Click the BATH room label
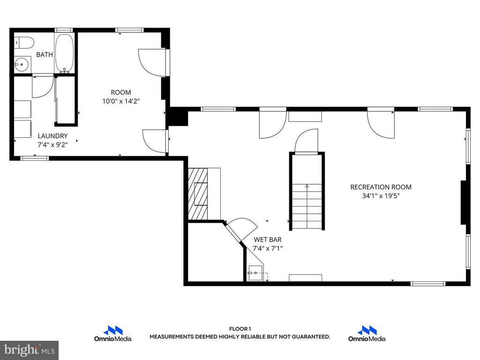pos(45,54)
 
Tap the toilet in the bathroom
pos(23,43)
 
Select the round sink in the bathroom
pos(20,65)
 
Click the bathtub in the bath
pos(65,52)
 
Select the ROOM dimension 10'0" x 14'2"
pos(120,101)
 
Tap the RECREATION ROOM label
pos(381,187)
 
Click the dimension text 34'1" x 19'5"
pos(381,196)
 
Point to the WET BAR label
pos(268,240)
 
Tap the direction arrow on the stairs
pos(307,187)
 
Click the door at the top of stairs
pos(307,142)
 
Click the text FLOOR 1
pos(240,329)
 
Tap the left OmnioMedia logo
pos(112,333)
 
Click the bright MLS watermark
pos(29,350)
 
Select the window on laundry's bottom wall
pos(35,158)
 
